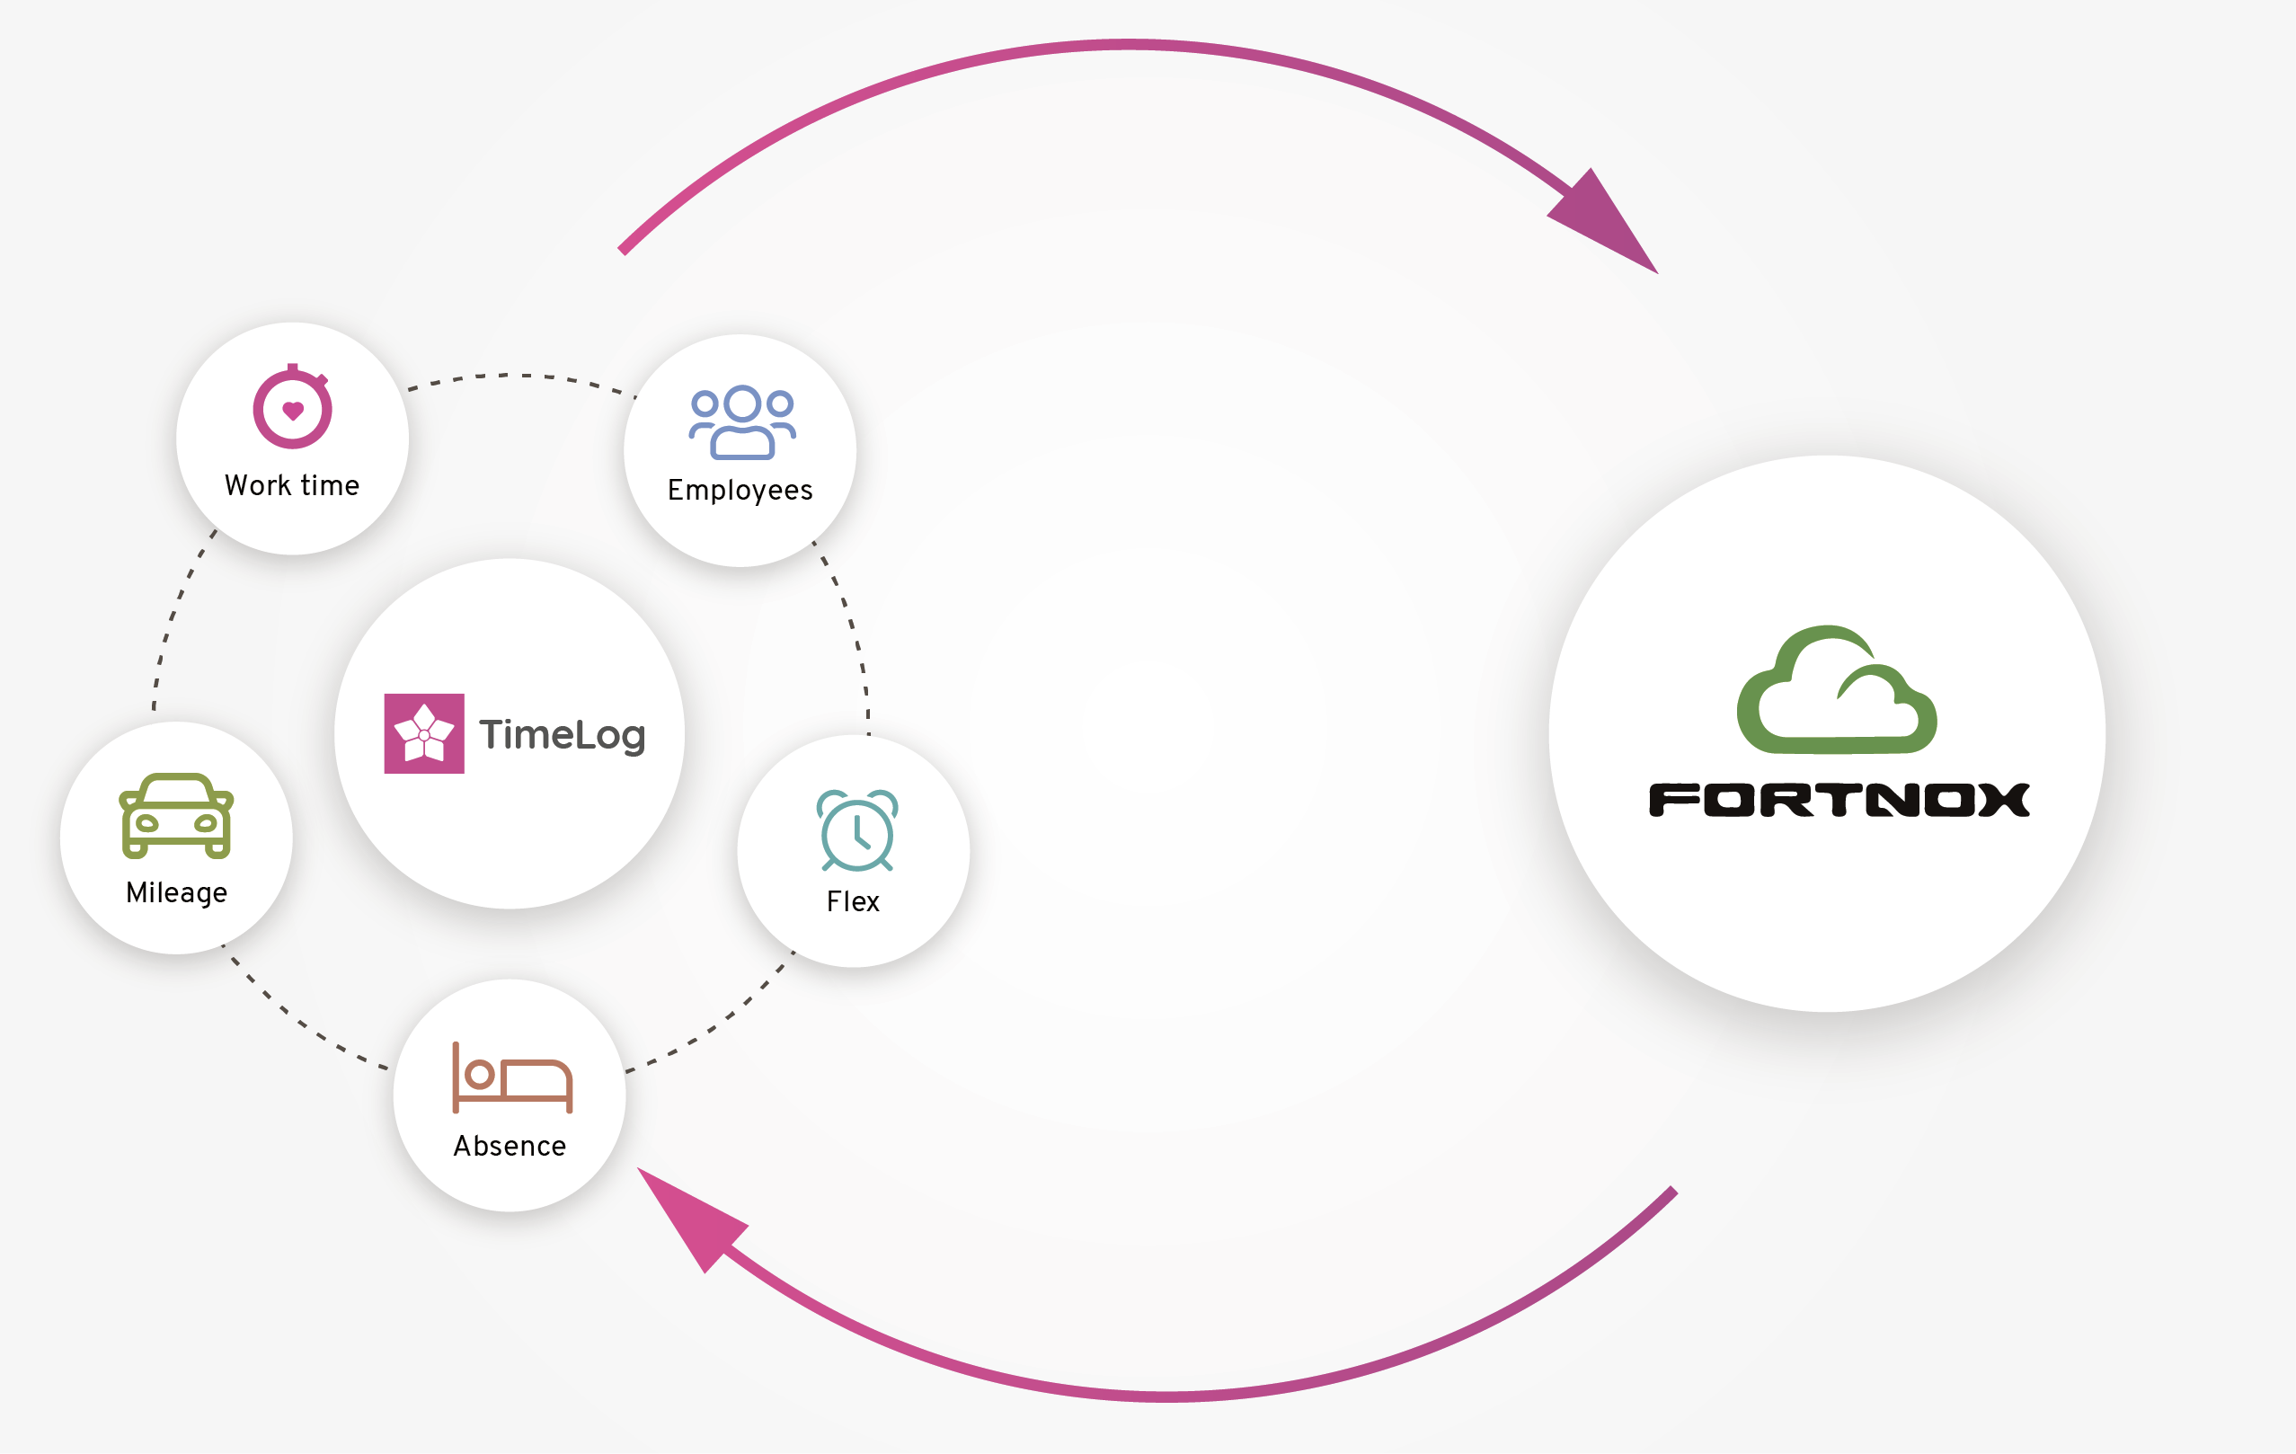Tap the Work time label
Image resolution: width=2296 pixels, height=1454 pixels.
tap(292, 485)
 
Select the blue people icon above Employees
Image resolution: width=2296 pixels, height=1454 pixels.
tap(741, 422)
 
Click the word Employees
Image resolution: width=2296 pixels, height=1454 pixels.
tap(740, 490)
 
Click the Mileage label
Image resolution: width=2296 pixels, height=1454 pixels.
tap(176, 892)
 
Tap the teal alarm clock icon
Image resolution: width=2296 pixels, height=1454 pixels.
tap(856, 830)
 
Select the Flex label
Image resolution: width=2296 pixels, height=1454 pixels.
tap(853, 901)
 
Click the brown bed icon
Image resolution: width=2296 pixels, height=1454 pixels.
tap(512, 1078)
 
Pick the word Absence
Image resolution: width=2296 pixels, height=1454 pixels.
tap(510, 1146)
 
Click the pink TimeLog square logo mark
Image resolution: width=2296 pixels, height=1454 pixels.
tap(424, 733)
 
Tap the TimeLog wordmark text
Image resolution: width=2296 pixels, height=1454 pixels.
tap(563, 735)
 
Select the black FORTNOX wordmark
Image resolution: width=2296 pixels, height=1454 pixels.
tap(1839, 800)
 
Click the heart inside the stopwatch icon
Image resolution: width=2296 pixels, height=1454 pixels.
tap(293, 411)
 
